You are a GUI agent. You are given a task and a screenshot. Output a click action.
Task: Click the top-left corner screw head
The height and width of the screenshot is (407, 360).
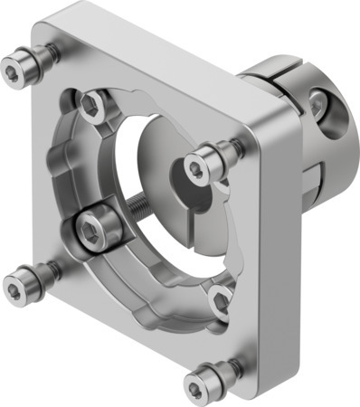[17, 67]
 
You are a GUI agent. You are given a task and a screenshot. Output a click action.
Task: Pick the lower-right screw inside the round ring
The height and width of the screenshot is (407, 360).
[219, 298]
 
